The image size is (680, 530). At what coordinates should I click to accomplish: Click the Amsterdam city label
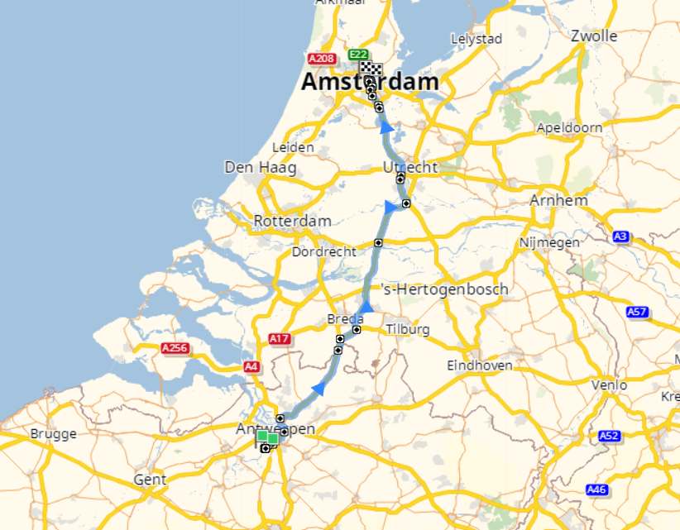point(370,83)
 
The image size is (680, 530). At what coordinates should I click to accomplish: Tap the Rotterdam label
point(292,221)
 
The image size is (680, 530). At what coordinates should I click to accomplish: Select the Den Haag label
point(261,168)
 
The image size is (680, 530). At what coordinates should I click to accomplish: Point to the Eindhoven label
point(479,365)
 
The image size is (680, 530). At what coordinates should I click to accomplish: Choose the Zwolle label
point(594,36)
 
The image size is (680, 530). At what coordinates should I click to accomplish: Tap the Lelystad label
point(476,39)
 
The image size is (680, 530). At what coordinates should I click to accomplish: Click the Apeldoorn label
point(569,128)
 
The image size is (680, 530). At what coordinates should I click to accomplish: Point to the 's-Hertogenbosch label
point(444,289)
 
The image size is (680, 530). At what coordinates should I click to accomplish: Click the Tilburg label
point(408,330)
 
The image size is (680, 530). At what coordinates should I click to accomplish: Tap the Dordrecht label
point(324,251)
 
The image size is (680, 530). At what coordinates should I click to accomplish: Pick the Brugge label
point(53,434)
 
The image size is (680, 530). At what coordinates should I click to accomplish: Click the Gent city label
point(150,480)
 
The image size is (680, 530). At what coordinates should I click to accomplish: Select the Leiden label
point(293,147)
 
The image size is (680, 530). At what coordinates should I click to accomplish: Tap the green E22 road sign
point(358,55)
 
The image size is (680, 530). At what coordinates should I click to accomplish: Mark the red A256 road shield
point(175,349)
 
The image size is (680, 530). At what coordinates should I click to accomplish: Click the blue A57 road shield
point(637,313)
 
